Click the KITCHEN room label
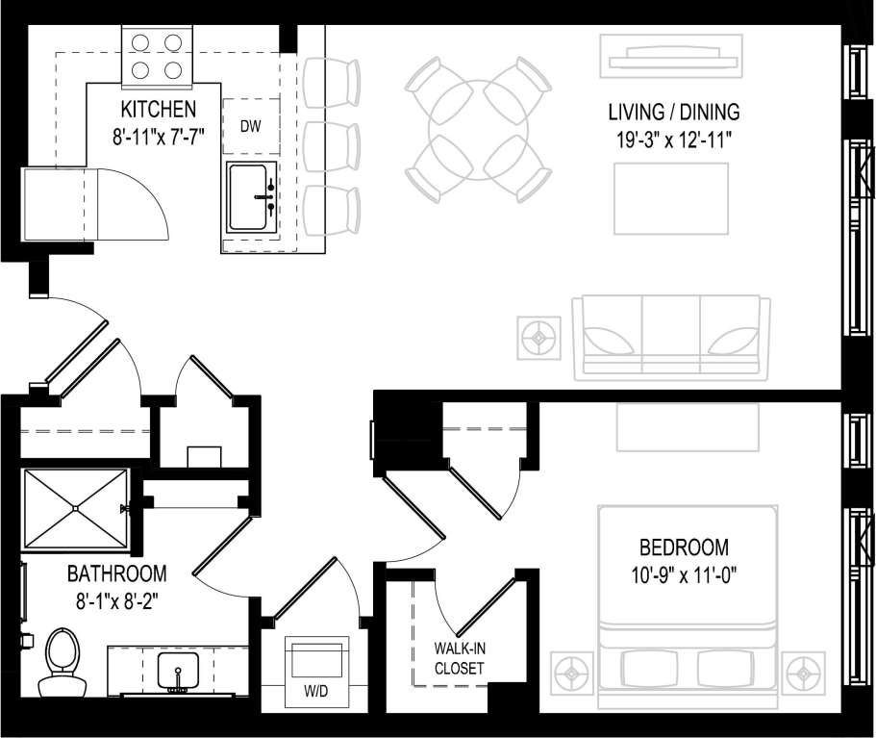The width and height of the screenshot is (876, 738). tap(158, 109)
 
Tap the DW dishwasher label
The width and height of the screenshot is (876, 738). tap(250, 125)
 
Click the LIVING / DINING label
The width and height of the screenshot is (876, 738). tap(673, 113)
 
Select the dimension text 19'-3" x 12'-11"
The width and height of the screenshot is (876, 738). tap(674, 139)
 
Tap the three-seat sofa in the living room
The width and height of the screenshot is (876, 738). tap(671, 336)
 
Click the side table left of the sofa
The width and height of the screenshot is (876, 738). tap(541, 337)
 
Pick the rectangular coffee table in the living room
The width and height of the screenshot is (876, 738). tap(671, 197)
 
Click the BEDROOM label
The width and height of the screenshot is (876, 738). tap(684, 547)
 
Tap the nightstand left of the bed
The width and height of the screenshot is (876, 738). tap(574, 670)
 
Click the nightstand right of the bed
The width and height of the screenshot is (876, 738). tap(803, 670)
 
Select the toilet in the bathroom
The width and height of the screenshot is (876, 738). tap(62, 663)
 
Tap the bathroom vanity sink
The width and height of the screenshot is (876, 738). tap(178, 670)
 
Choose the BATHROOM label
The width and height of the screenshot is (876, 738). tap(116, 574)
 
